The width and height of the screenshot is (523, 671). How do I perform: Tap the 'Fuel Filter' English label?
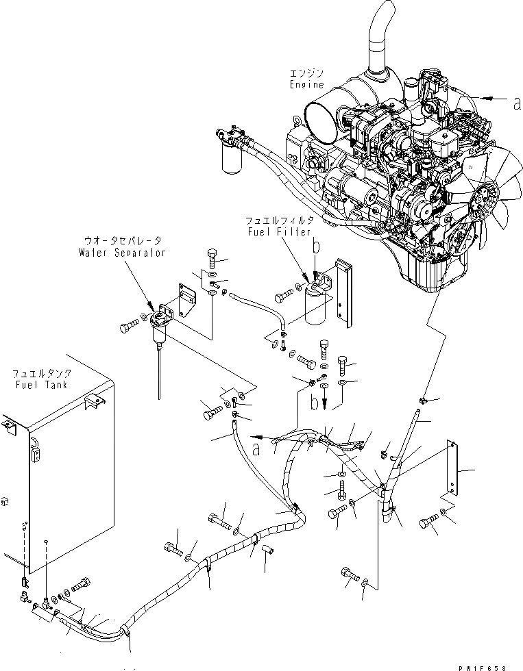pyautogui.click(x=271, y=233)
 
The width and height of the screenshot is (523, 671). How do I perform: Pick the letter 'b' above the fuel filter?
pyautogui.click(x=315, y=244)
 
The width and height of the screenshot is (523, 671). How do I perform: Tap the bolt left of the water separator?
pyautogui.click(x=130, y=327)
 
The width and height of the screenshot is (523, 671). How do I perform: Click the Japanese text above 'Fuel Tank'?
pyautogui.click(x=39, y=374)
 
